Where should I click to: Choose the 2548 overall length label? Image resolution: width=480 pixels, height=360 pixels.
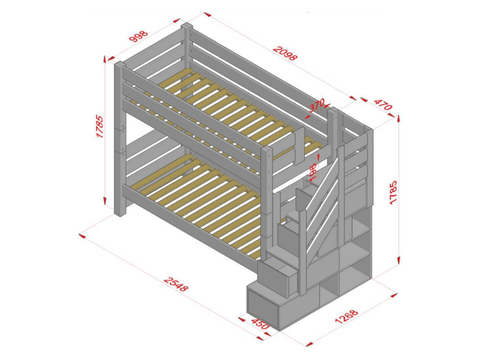coord(176,284)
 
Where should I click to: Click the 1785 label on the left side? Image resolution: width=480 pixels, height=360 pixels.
coord(101,127)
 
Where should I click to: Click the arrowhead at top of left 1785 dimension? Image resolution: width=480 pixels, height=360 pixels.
coord(104,59)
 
